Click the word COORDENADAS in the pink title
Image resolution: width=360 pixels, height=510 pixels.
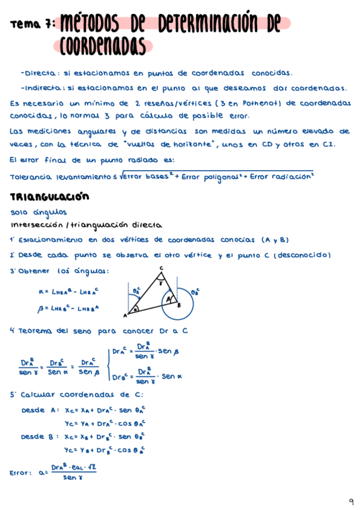(x=103, y=45)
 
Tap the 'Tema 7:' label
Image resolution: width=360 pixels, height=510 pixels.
(x=33, y=24)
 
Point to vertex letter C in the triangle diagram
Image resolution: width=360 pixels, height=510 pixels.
(x=161, y=268)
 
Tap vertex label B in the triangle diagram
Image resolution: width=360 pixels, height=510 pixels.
(x=178, y=305)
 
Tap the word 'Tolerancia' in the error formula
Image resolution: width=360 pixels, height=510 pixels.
(x=31, y=176)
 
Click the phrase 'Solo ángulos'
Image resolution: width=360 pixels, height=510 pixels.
(x=39, y=212)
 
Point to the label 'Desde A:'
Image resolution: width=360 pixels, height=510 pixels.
(x=40, y=410)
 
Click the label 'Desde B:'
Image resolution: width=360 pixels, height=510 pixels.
(x=40, y=436)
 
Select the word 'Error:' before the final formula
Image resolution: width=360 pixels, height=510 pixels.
(x=22, y=473)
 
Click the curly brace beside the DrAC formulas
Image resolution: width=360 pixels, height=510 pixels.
(x=108, y=365)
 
